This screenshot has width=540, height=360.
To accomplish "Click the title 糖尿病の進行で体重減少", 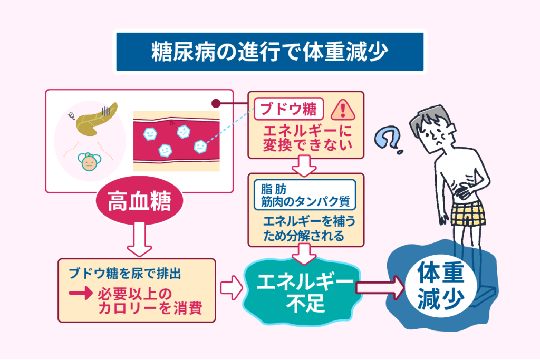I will coord(269,52).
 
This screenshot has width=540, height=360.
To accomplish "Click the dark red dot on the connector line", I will coord(215,104).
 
